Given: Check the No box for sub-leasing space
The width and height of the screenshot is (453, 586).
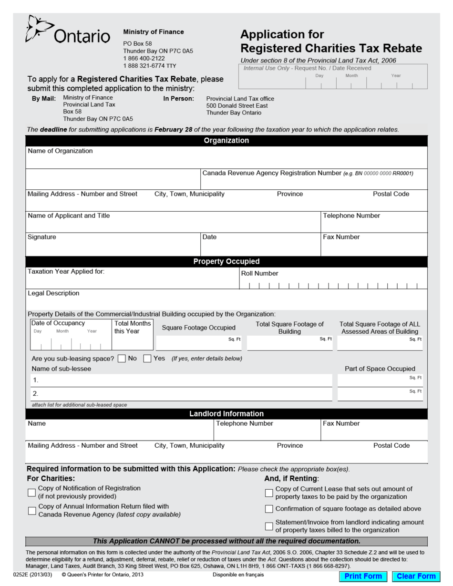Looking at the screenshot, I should [122, 358].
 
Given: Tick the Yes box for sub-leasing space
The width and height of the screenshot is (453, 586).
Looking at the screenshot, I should [147, 358].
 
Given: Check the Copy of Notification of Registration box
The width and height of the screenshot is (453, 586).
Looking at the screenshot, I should [32, 492].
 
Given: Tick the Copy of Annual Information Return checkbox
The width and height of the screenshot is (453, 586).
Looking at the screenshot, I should [32, 511].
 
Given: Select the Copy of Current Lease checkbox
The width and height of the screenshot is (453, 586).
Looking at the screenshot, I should [269, 493].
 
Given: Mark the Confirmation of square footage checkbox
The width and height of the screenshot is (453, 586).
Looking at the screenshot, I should [269, 509].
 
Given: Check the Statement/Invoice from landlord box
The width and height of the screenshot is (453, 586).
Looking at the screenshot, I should [269, 526].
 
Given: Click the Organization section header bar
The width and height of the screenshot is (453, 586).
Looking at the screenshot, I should [226, 141].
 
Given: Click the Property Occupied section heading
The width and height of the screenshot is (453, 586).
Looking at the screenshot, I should [226, 262].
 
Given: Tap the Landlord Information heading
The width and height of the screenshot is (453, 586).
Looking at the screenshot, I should [226, 414].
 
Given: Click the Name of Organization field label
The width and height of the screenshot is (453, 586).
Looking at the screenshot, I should [61, 151].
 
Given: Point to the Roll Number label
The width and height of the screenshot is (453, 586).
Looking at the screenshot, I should [259, 274].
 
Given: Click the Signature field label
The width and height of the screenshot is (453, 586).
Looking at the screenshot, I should [42, 237].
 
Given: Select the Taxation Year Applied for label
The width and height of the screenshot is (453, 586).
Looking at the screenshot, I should [66, 272].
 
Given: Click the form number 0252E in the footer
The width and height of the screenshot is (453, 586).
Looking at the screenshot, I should [22, 575].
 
